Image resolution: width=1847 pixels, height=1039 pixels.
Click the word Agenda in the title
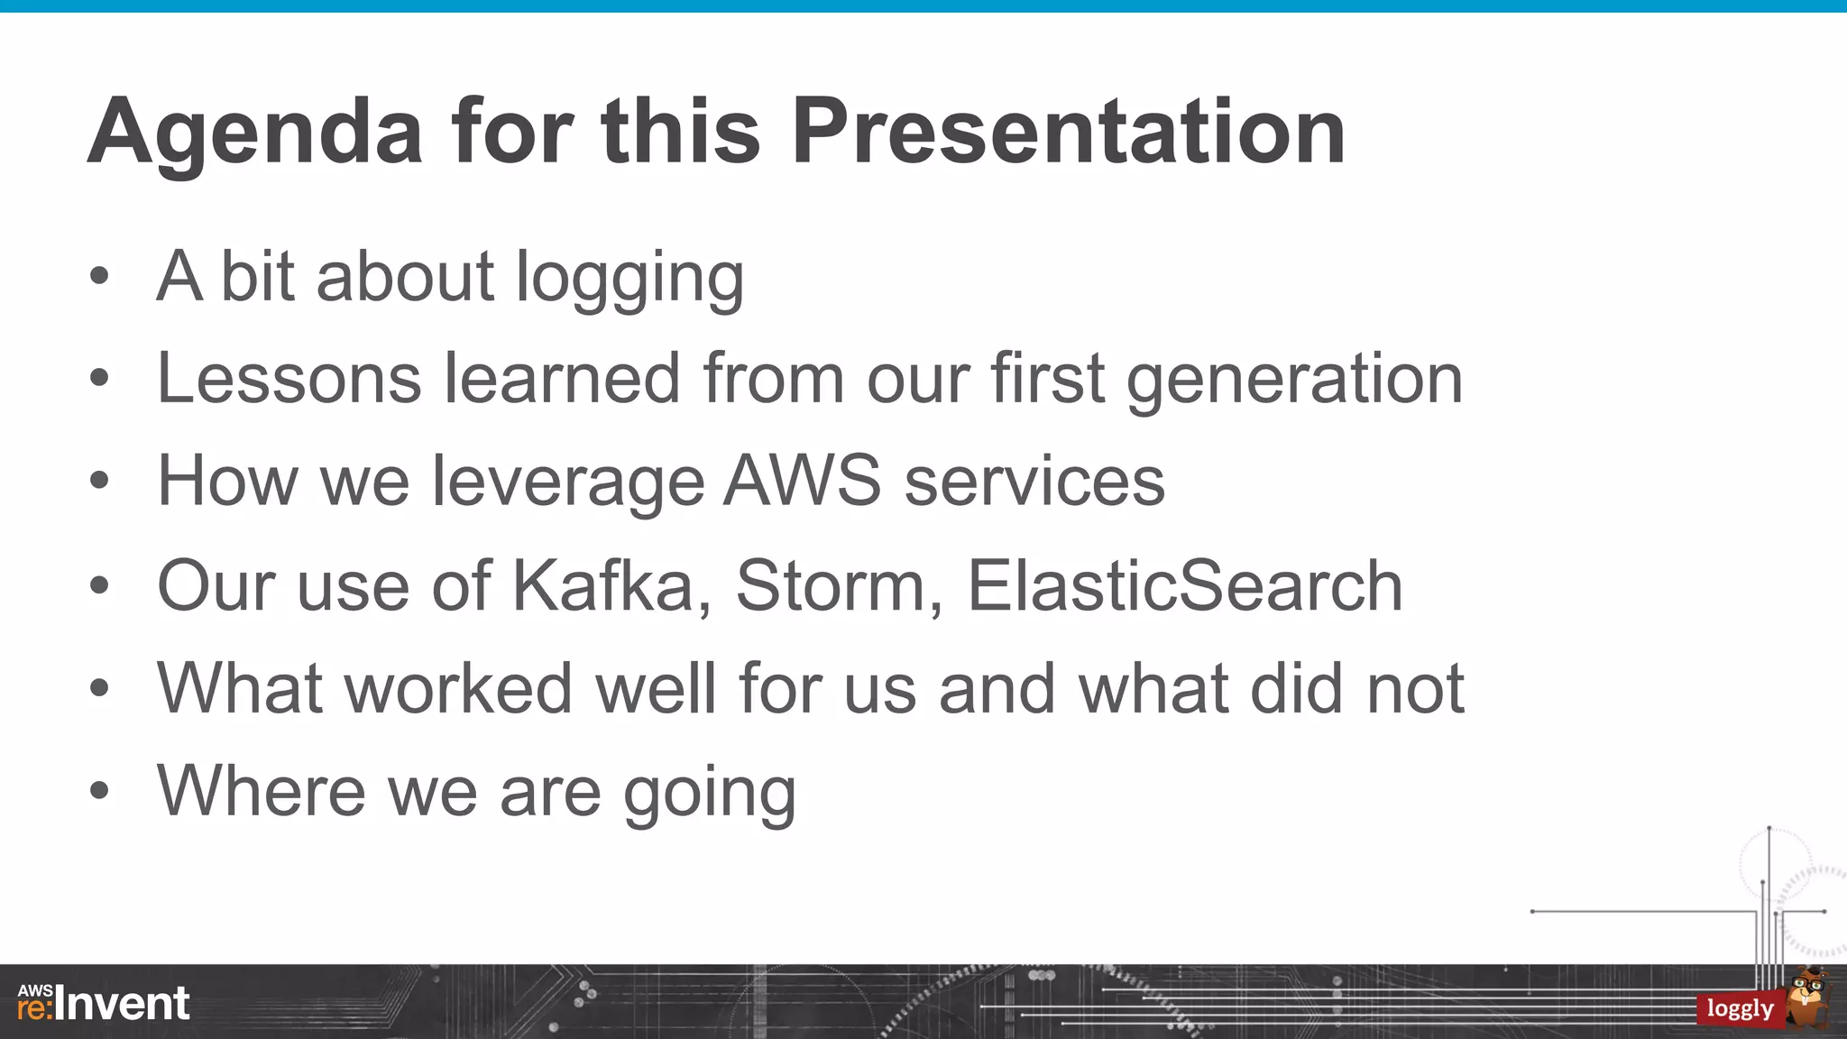[x=255, y=133]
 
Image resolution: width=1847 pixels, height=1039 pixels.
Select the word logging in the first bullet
[x=629, y=278]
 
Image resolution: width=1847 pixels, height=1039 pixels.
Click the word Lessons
[x=289, y=378]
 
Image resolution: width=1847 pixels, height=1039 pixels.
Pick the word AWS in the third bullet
[x=802, y=481]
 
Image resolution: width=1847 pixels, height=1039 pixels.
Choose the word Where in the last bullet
[x=261, y=791]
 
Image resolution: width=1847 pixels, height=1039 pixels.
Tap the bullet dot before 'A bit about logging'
[x=99, y=277]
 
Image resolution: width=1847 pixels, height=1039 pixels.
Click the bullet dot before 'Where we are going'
[x=99, y=791]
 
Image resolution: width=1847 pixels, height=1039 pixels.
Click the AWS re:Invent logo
[x=104, y=1003]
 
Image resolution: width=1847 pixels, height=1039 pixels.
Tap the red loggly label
[x=1740, y=1008]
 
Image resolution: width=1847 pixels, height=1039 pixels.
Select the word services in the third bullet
[x=1034, y=481]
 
